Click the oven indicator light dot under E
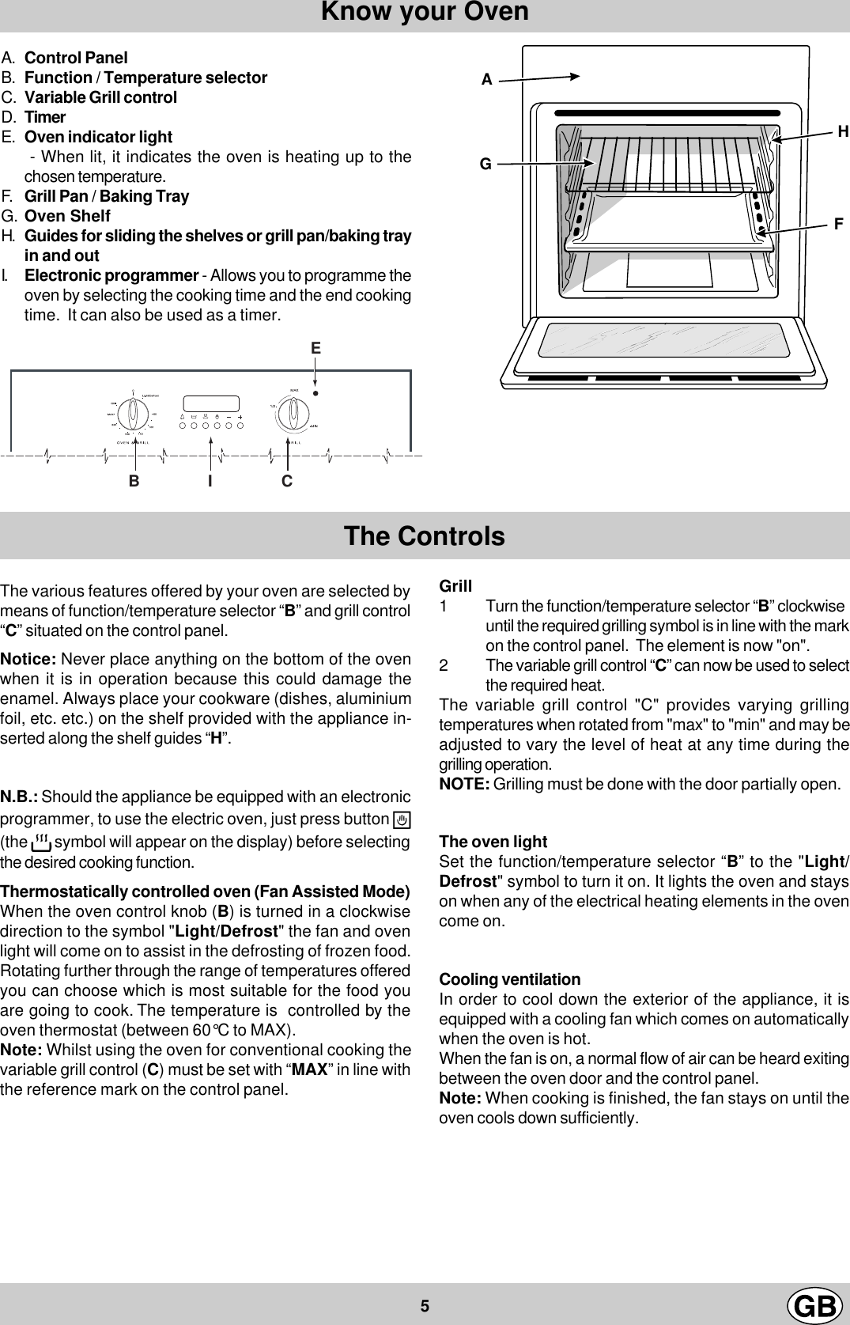pyautogui.click(x=315, y=393)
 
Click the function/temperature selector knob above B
pyautogui.click(x=134, y=412)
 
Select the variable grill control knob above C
pyautogui.click(x=295, y=412)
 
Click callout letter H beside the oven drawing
pyautogui.click(x=843, y=132)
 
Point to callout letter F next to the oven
pyautogui.click(x=838, y=225)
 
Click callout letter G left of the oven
pyautogui.click(x=485, y=165)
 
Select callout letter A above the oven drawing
pyautogui.click(x=487, y=80)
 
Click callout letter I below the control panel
pyautogui.click(x=210, y=481)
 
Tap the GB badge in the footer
pyautogui.click(x=814, y=1305)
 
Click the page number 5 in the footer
pyautogui.click(x=425, y=1305)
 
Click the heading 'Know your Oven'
pyautogui.click(x=425, y=13)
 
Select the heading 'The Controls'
pyautogui.click(x=424, y=536)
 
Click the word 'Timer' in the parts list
pyautogui.click(x=45, y=117)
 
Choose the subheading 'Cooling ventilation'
pyautogui.click(x=509, y=979)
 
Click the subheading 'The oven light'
pyautogui.click(x=493, y=842)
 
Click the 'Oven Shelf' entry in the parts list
pyautogui.click(x=67, y=216)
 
